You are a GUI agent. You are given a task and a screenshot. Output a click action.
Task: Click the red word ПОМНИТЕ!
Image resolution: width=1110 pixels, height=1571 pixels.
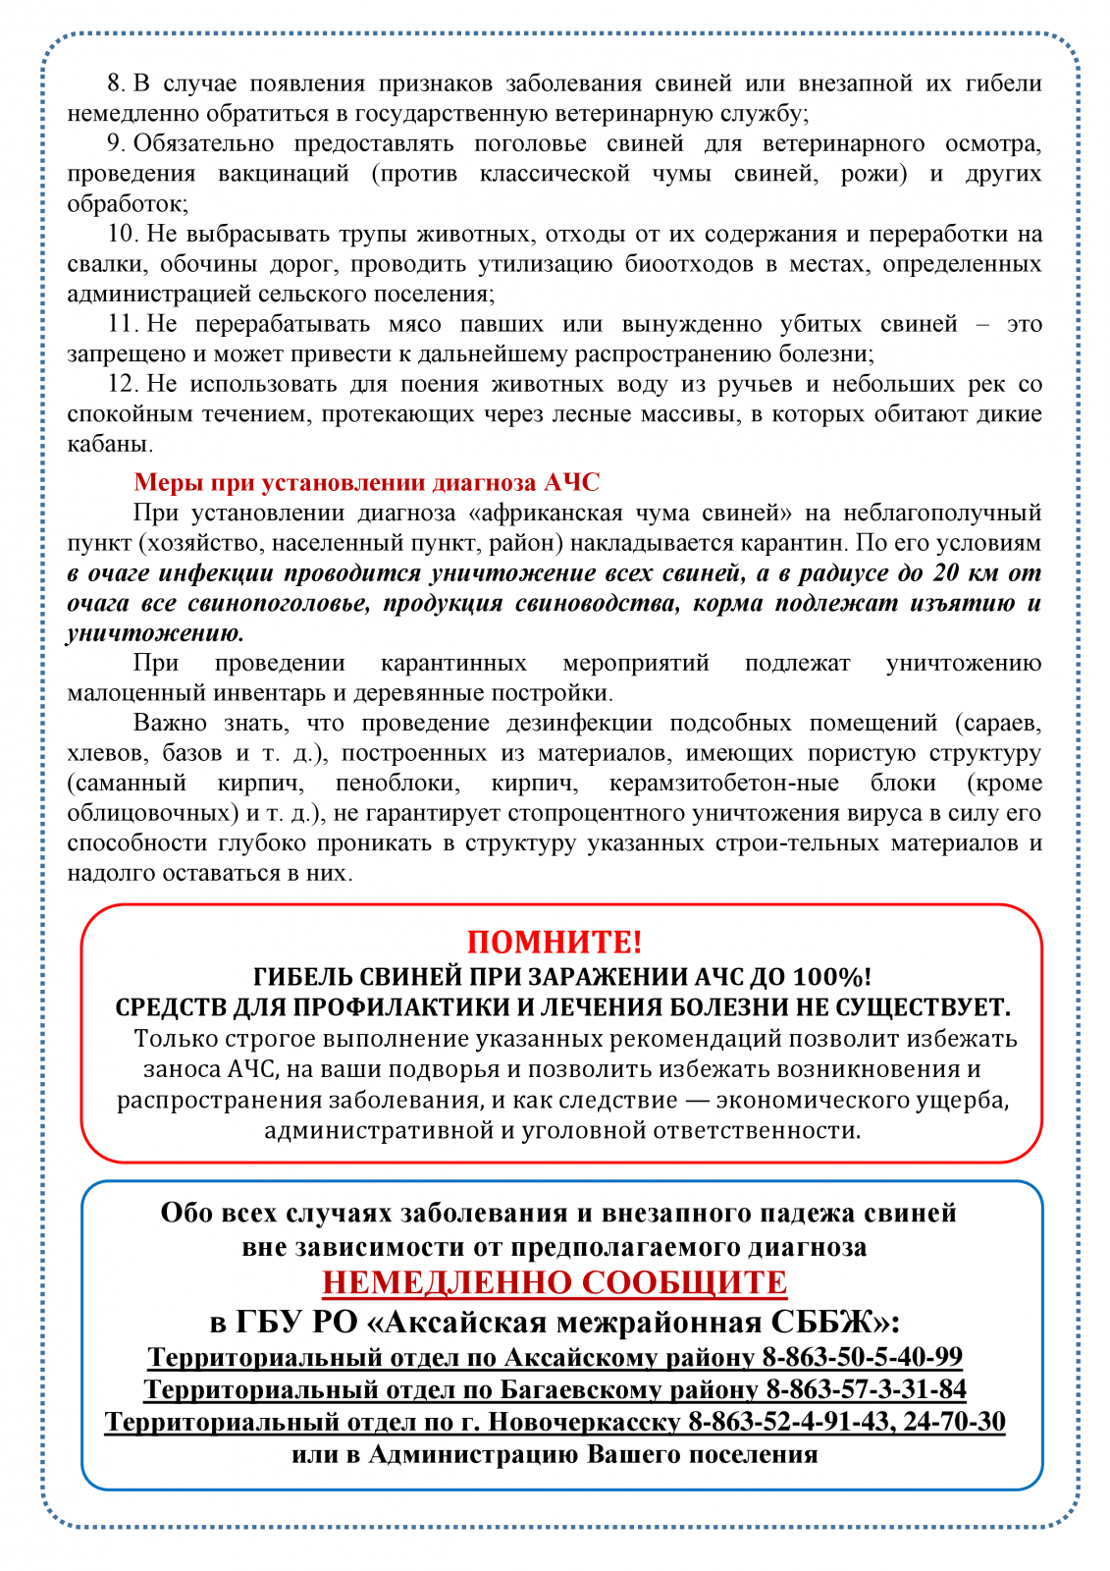[555, 942]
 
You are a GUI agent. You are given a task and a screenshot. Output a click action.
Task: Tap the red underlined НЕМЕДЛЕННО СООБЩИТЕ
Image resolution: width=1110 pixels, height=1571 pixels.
[555, 1282]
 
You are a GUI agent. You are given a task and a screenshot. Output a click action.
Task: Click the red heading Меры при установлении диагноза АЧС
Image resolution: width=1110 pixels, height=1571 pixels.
[366, 482]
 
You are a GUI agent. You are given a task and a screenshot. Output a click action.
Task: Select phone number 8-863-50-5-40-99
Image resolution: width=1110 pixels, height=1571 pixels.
[862, 1357]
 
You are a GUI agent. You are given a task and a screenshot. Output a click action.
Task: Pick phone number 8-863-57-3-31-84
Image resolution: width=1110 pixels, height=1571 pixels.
[866, 1389]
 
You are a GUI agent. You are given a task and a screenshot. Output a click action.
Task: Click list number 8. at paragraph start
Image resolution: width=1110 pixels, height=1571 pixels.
[116, 83]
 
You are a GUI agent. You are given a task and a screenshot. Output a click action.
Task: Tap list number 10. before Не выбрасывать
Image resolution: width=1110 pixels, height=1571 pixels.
[122, 234]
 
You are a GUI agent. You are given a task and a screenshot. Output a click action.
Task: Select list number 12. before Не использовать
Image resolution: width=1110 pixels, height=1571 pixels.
[122, 384]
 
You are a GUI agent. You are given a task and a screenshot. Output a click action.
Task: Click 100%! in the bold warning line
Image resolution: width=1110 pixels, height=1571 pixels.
[831, 977]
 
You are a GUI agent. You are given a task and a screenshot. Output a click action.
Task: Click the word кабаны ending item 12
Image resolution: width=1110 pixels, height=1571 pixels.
[108, 444]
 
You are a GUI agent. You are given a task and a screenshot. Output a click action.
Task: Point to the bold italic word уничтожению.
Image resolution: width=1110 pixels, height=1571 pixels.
[155, 633]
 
